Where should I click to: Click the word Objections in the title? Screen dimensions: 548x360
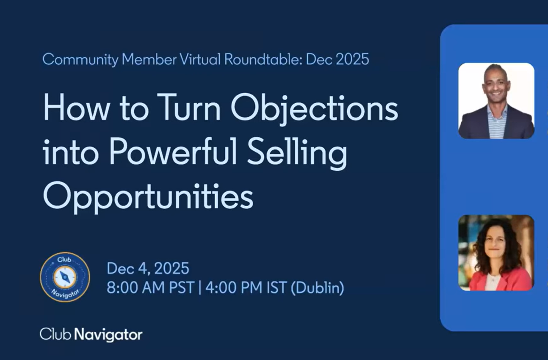point(314,109)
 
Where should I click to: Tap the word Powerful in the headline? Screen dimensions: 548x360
point(173,152)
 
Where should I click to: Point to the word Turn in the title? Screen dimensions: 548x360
point(188,108)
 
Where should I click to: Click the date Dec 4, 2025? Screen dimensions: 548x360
point(148,269)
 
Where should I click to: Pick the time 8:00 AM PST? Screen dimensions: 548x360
point(151,287)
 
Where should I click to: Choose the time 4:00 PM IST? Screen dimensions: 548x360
point(246,287)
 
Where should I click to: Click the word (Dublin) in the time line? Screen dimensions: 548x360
point(318,288)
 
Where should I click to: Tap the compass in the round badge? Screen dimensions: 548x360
point(65,277)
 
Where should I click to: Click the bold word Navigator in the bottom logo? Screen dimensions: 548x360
point(108,335)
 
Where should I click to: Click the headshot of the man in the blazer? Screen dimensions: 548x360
point(496,101)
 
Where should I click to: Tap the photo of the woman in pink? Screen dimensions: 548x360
point(496,253)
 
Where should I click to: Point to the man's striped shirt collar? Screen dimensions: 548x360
point(497,111)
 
